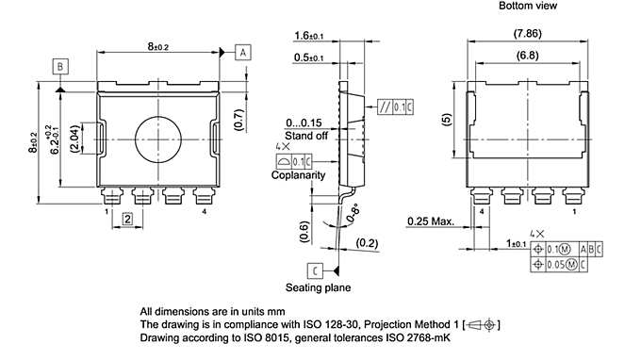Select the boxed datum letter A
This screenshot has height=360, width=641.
tap(243, 52)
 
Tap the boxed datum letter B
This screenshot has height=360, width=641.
tap(59, 66)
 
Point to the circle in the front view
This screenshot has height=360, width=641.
tap(156, 139)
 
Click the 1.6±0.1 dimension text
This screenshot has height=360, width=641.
tap(307, 36)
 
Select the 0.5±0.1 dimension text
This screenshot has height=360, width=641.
tap(307, 57)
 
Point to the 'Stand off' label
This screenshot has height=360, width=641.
tap(306, 136)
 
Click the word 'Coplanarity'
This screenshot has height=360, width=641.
tap(298, 175)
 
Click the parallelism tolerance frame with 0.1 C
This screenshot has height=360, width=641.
tap(394, 106)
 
